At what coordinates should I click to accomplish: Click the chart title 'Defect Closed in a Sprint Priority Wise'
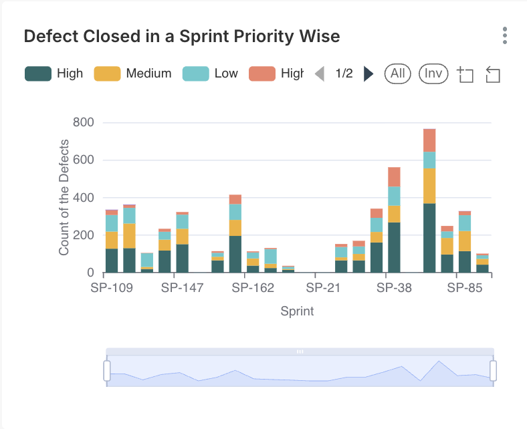182,36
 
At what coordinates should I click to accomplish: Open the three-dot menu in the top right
505,35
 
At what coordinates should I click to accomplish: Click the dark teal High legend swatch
37,74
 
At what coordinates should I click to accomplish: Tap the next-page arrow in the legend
368,74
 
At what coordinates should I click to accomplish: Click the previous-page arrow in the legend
320,74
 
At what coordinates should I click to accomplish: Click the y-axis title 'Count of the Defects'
64,198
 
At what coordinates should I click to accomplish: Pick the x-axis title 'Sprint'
298,311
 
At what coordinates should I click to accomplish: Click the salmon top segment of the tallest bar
429,140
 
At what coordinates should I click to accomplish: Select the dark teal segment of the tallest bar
429,237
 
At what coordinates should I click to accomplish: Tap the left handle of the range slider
107,370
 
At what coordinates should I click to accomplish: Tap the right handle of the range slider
494,370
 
